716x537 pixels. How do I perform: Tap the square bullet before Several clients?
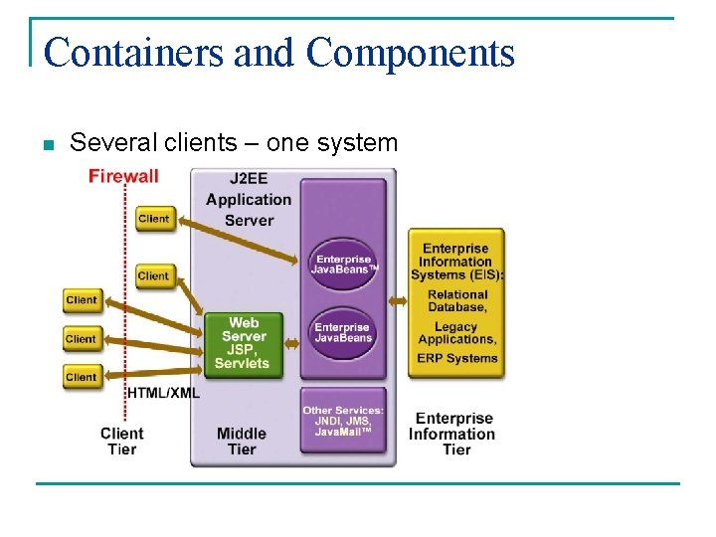(47, 145)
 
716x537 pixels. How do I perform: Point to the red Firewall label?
(123, 176)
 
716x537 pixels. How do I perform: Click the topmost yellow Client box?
(154, 219)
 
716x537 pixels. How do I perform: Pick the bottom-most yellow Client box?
(82, 378)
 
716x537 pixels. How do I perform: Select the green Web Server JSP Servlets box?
(244, 344)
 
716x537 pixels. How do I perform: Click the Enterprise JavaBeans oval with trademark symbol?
(343, 264)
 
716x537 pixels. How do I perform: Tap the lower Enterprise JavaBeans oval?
(343, 333)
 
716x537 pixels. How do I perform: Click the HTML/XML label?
(163, 393)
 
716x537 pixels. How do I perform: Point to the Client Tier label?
(122, 441)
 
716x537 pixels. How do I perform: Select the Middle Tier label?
(242, 441)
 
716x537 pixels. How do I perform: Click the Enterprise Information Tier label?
(454, 434)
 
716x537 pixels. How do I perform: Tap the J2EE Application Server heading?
(249, 199)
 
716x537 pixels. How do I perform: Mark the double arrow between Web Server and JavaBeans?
(292, 343)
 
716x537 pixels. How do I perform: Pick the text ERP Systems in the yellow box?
(456, 358)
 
